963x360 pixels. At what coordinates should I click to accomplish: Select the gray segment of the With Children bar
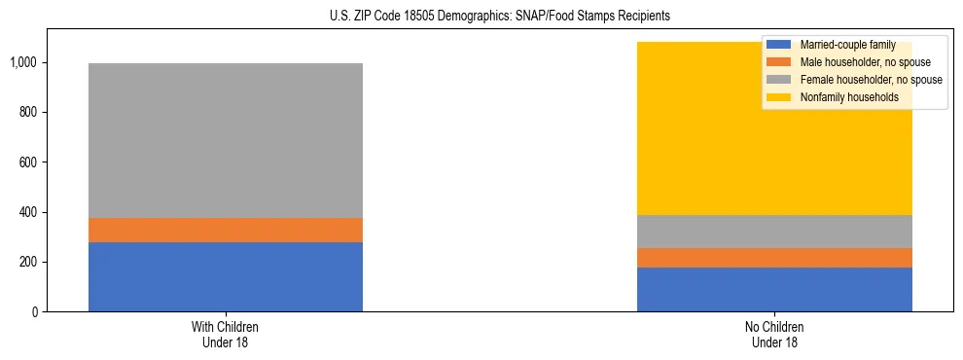click(226, 140)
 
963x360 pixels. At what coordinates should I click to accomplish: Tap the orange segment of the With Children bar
click(226, 230)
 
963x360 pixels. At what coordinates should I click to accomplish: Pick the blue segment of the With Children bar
click(226, 276)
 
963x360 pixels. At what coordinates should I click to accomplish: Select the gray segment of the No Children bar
click(774, 232)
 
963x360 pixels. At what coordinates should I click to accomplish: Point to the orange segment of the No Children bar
click(774, 258)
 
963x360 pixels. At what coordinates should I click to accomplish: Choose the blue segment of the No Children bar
click(774, 289)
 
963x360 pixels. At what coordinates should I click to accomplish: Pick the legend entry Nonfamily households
click(847, 97)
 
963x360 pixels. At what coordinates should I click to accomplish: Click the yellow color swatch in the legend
click(779, 97)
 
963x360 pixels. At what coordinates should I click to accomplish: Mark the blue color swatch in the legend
click(779, 45)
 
